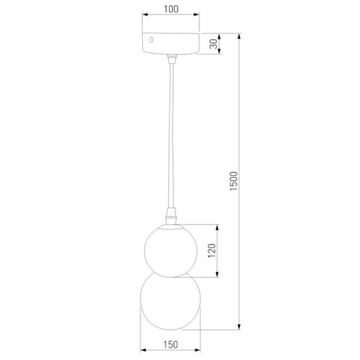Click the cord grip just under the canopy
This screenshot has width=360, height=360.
point(171,59)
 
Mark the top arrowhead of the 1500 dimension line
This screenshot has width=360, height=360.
point(240,35)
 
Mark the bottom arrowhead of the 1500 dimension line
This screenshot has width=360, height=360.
point(240,328)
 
